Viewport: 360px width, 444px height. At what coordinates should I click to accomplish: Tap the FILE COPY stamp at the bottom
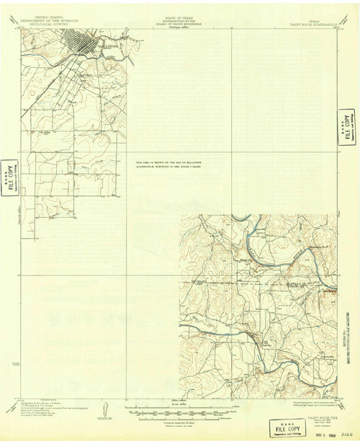pos(282,425)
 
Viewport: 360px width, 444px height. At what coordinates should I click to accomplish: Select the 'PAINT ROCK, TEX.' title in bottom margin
pos(314,416)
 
